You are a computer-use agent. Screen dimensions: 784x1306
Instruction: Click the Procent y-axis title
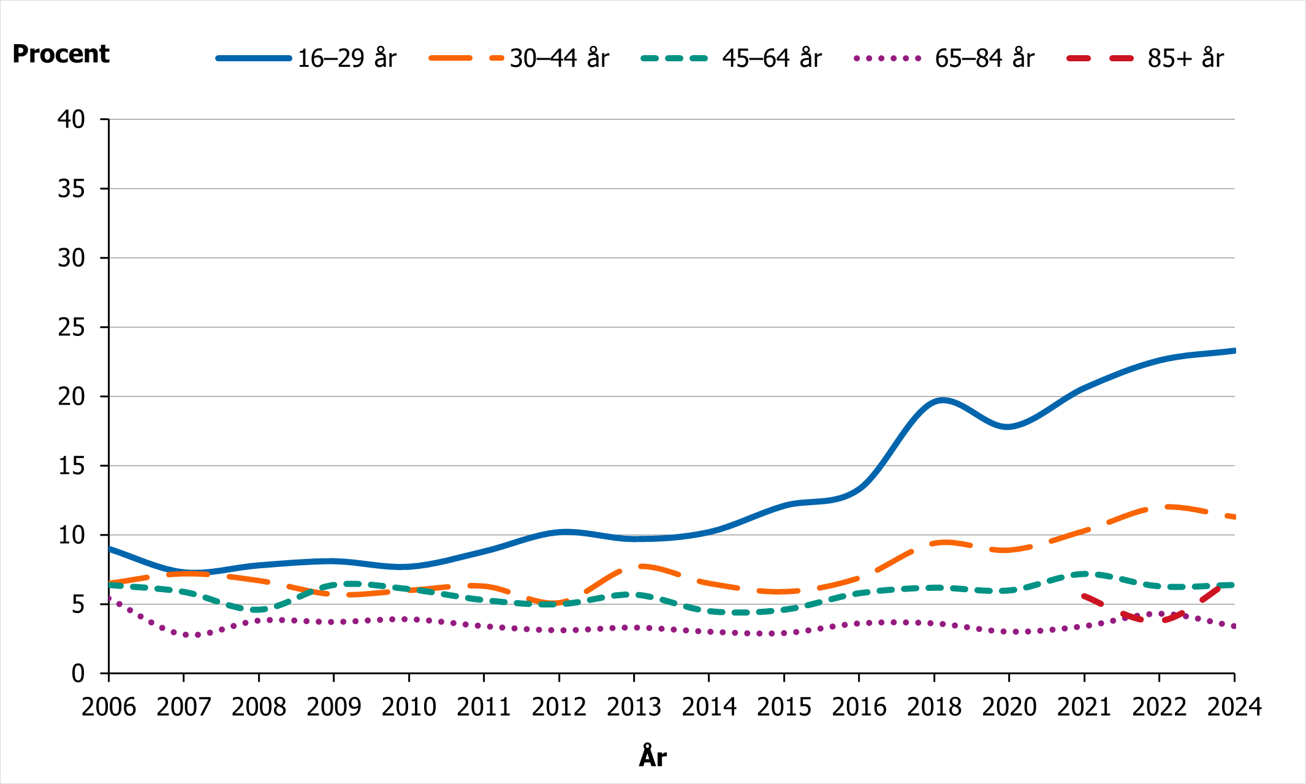(61, 54)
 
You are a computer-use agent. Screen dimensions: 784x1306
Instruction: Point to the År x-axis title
(653, 756)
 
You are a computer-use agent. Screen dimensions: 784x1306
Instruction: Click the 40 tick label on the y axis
(71, 120)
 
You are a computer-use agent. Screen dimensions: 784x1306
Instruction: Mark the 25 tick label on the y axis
(71, 327)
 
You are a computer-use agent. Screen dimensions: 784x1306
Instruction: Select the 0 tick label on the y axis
(78, 674)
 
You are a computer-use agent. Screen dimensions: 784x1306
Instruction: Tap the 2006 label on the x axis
(108, 707)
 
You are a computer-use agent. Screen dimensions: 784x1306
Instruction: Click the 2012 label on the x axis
(559, 707)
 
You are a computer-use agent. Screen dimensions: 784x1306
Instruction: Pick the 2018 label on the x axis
(934, 707)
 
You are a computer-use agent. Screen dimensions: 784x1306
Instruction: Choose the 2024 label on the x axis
(1234, 707)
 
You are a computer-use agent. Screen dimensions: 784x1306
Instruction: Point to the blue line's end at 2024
(1233, 351)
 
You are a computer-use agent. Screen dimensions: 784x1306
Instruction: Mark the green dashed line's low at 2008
(259, 610)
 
